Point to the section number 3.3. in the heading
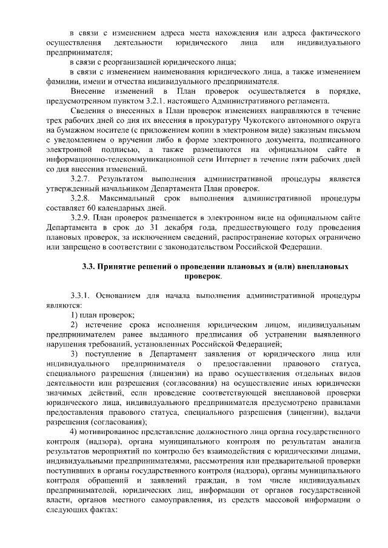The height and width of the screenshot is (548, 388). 91,266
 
